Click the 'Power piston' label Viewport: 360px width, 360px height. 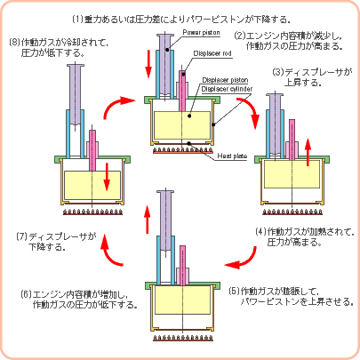(x=201, y=32)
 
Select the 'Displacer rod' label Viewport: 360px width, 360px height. (x=212, y=53)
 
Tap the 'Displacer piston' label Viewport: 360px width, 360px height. (x=225, y=80)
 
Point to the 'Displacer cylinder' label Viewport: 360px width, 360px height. (x=227, y=89)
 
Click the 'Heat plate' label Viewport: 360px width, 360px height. (x=232, y=156)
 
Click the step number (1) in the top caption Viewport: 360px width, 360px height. (x=78, y=20)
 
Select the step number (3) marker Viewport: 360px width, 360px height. (x=278, y=73)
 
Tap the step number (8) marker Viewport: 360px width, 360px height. (x=15, y=43)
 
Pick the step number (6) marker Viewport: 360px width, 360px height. (x=27, y=294)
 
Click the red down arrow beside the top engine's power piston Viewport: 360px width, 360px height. (x=148, y=64)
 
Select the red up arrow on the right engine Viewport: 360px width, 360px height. (x=308, y=152)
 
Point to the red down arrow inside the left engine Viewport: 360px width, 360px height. (x=107, y=177)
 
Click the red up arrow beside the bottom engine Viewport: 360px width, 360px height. (x=148, y=220)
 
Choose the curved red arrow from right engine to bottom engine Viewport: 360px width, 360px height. (x=247, y=261)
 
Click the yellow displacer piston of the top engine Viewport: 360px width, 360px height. (x=182, y=125)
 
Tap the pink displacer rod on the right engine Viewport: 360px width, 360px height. (x=292, y=140)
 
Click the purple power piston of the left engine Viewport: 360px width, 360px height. (x=76, y=95)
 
